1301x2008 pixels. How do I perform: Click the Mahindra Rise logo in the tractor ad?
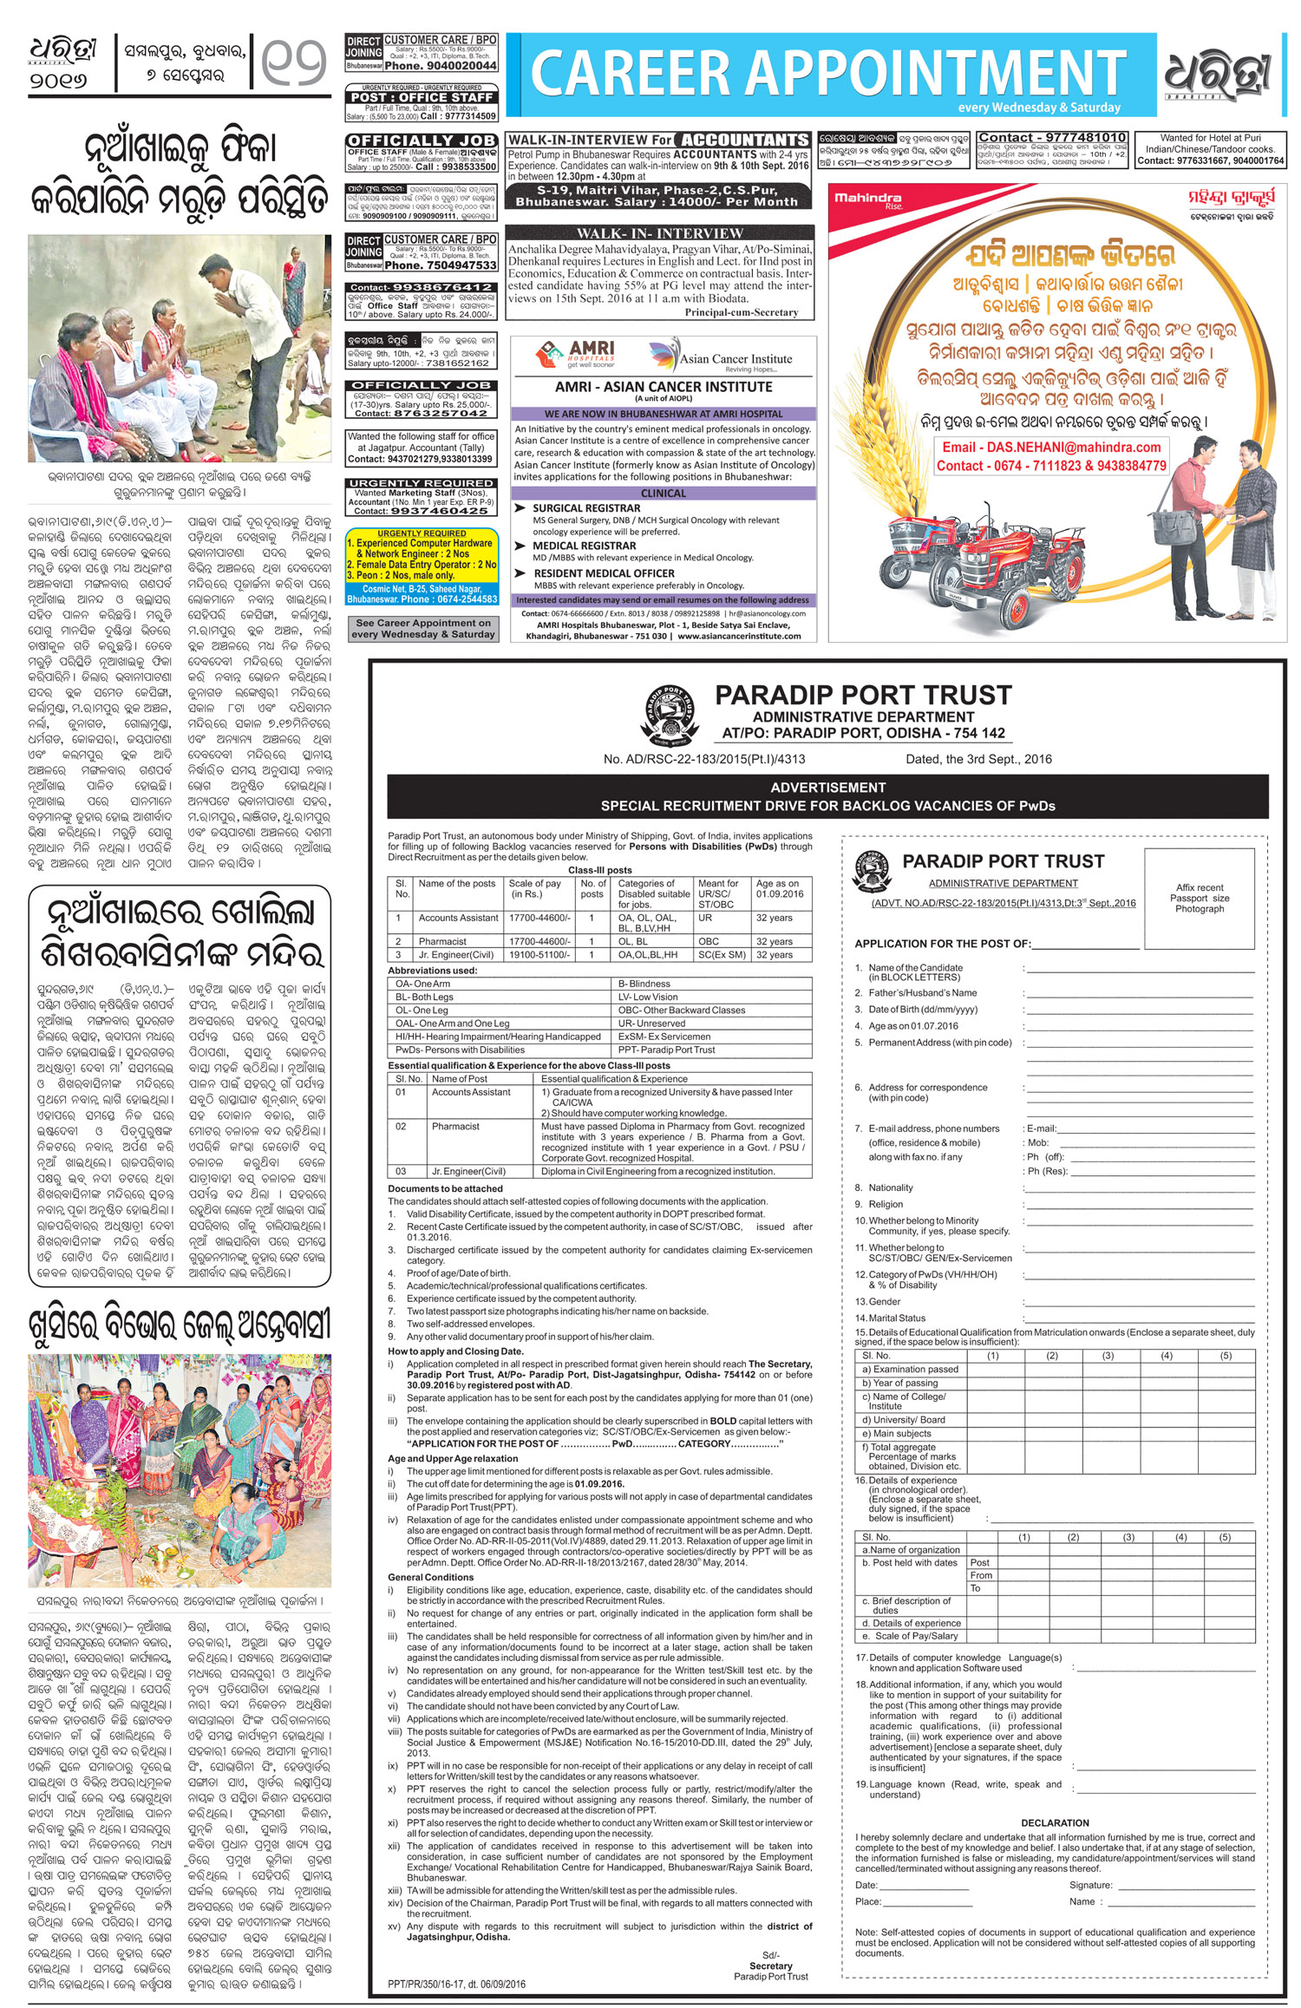pyautogui.click(x=868, y=200)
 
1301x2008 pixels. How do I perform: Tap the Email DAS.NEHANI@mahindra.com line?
pyautogui.click(x=1051, y=448)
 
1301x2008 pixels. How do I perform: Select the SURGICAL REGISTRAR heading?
pyautogui.click(x=586, y=508)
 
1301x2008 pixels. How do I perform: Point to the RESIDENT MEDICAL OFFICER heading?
pyautogui.click(x=604, y=573)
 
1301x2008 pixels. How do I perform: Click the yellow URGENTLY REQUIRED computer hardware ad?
pyautogui.click(x=422, y=566)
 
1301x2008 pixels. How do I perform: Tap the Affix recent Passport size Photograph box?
pyautogui.click(x=1199, y=898)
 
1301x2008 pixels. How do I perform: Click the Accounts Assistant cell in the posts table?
pyautogui.click(x=458, y=917)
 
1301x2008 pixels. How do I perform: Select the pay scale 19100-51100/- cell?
pyautogui.click(x=539, y=955)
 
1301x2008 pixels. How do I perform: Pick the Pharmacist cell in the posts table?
pyautogui.click(x=442, y=941)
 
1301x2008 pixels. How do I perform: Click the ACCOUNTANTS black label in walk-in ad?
pyautogui.click(x=743, y=140)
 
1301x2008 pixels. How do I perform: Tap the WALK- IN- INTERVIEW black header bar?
pyautogui.click(x=660, y=232)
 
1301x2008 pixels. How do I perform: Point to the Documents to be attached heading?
pyautogui.click(x=445, y=1188)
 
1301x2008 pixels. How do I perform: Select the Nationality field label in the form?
pyautogui.click(x=890, y=1187)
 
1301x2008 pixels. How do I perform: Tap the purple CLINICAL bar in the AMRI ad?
pyautogui.click(x=663, y=493)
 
